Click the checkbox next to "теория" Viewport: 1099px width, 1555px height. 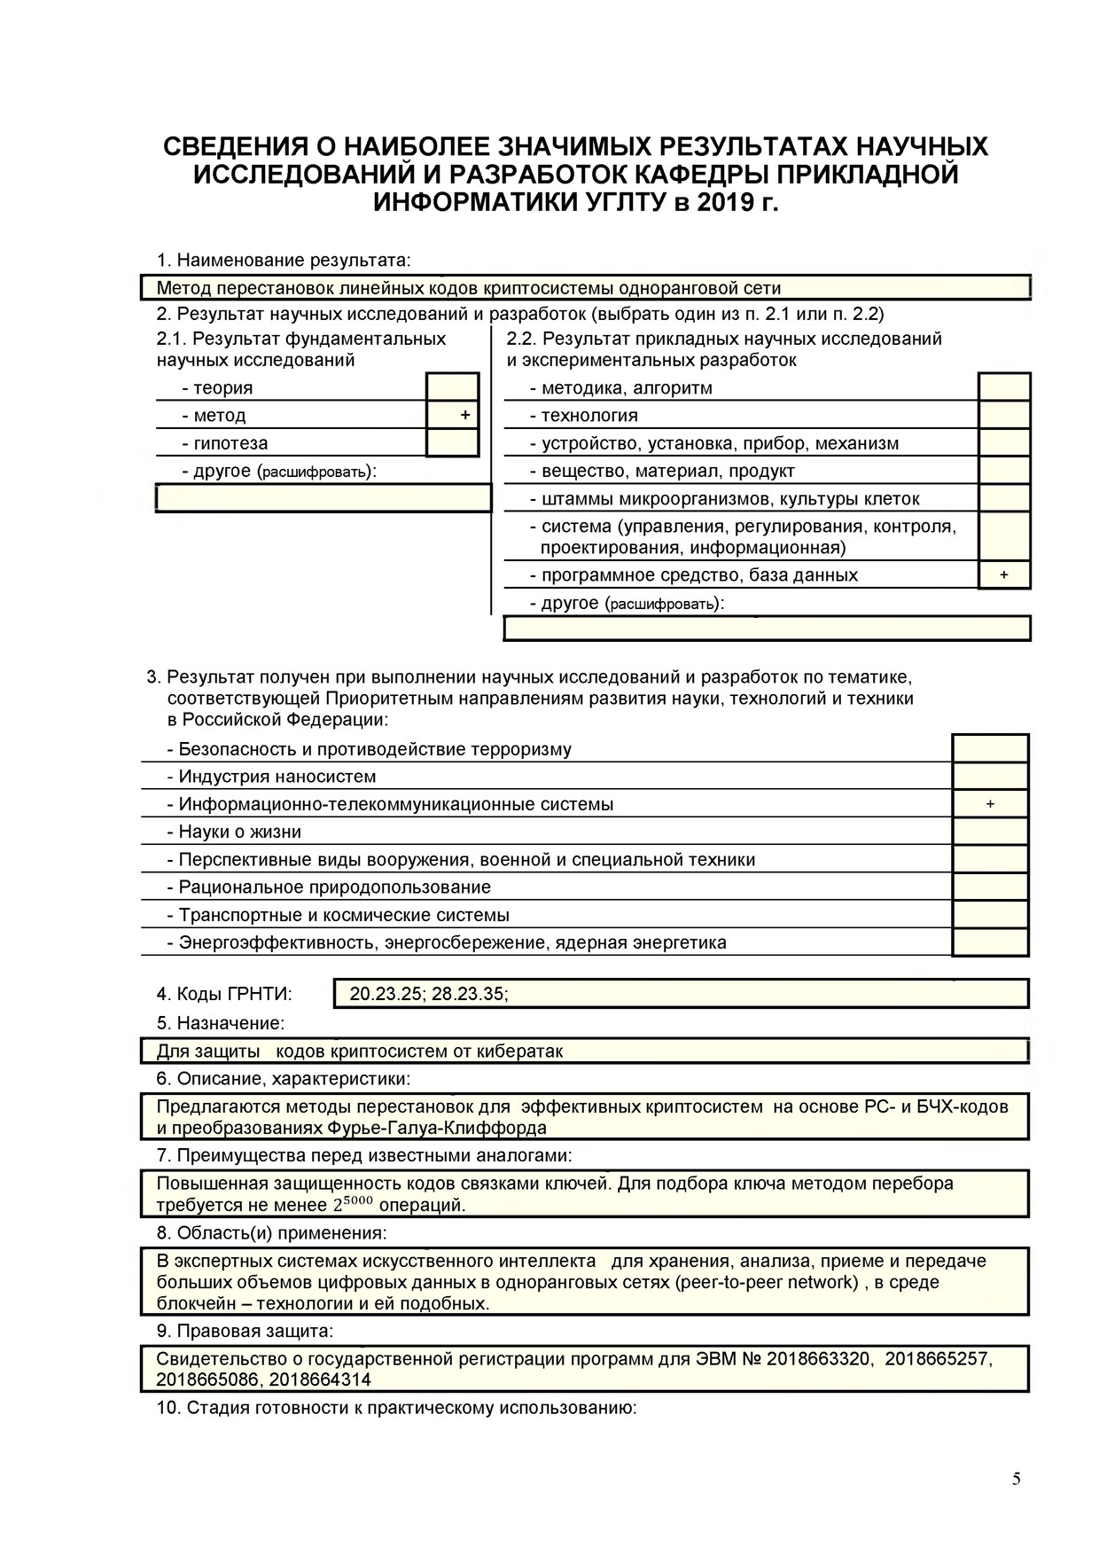452,387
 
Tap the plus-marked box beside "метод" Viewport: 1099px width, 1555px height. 452,415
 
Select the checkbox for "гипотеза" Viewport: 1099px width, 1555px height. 452,442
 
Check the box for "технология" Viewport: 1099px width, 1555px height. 1004,415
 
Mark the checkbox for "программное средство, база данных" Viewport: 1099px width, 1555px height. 1004,574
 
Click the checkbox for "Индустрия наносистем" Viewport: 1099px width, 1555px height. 990,776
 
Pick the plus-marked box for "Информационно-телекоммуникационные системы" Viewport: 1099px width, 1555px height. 990,804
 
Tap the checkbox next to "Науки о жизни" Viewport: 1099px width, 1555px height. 990,832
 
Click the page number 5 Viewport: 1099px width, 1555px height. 1016,1479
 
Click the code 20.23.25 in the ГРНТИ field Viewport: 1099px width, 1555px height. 386,994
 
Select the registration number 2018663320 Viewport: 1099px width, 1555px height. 818,1359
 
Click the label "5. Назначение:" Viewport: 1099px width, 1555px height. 221,1023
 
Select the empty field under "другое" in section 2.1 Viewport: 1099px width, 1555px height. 323,498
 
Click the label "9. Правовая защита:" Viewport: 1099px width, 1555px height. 245,1331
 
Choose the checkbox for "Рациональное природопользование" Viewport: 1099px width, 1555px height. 990,887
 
